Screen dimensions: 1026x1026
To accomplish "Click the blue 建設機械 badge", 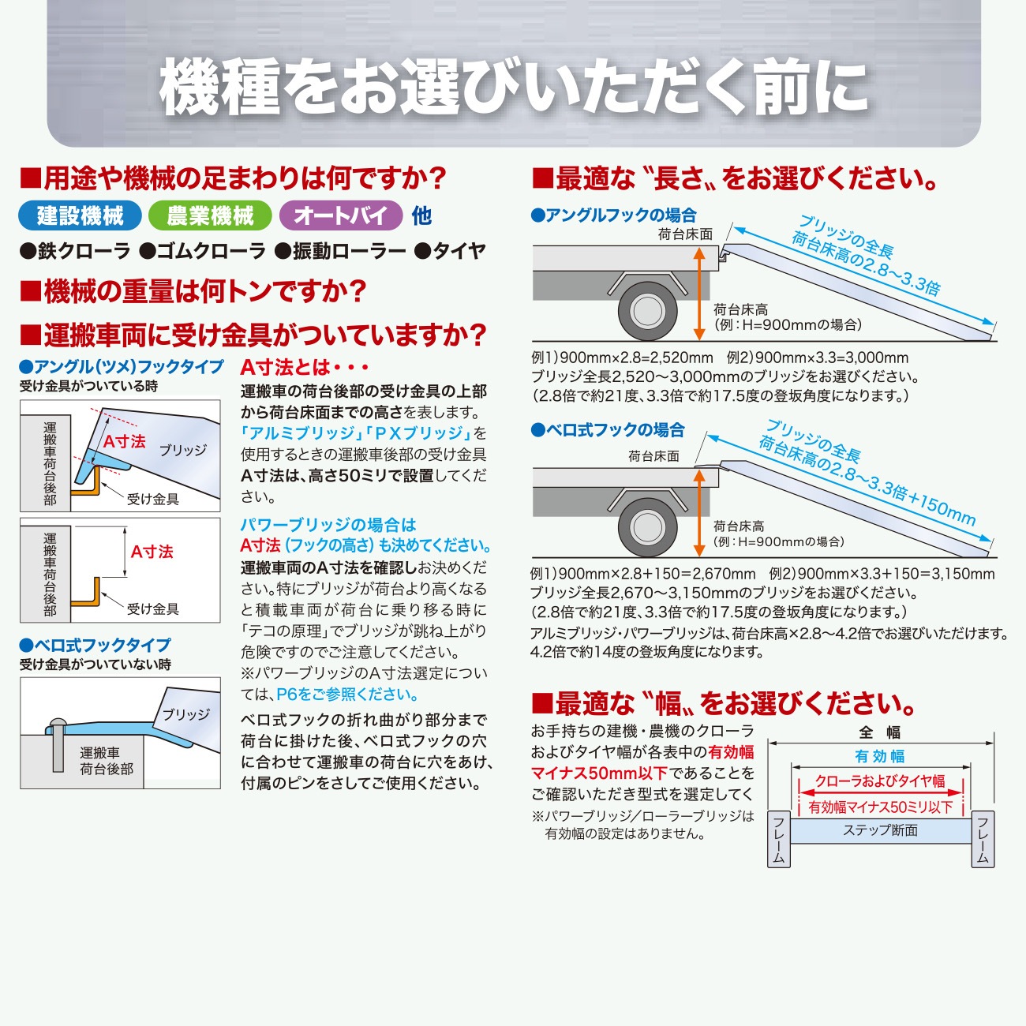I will coord(80,215).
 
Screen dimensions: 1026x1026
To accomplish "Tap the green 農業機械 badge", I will coord(210,215).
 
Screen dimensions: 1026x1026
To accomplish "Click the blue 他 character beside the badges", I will coord(421,215).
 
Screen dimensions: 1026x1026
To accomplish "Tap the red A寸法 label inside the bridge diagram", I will coord(125,441).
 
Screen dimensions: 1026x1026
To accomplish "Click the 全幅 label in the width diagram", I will coord(880,732).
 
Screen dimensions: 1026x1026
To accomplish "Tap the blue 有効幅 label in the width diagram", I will coord(880,756).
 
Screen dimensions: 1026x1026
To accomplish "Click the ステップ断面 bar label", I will coord(880,830).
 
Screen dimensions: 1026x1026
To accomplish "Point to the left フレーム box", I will coord(779,839).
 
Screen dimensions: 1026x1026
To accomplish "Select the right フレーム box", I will coord(983,839).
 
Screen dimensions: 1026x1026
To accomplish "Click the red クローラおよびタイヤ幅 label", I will coord(880,781).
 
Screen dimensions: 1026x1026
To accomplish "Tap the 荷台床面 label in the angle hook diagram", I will coord(685,234).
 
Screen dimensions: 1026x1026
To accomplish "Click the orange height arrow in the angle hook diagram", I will coord(699,292).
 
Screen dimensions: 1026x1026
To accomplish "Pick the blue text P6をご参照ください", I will coord(347,695).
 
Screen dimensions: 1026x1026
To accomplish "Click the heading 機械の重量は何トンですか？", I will coord(193,291).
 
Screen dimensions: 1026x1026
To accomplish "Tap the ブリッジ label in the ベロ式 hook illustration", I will coord(186,714).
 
